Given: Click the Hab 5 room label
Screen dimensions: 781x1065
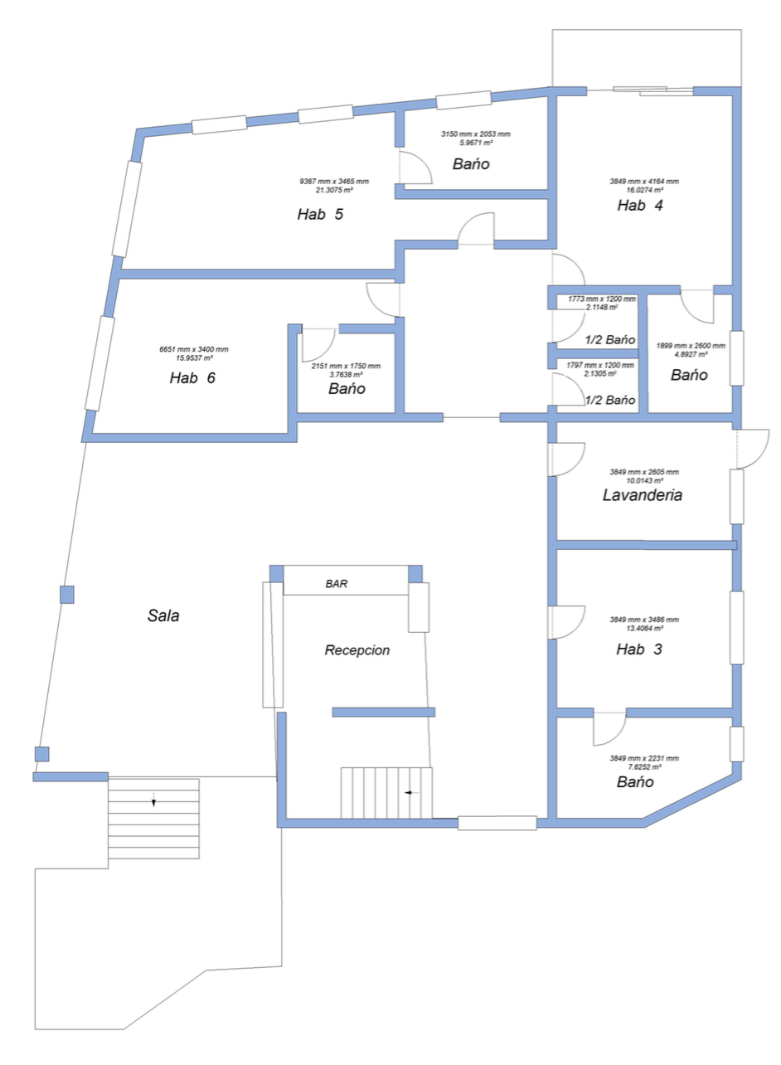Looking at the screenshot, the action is (x=320, y=214).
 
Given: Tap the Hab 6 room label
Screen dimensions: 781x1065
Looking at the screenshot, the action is (x=192, y=377).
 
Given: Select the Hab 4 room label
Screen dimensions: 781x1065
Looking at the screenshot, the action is (x=640, y=205).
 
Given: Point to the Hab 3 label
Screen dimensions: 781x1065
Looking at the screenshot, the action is (x=639, y=649).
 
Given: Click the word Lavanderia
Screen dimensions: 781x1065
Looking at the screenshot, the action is (x=643, y=495).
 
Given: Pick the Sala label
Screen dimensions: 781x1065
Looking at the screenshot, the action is (x=163, y=615).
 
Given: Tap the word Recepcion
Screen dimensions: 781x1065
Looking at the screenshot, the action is (x=357, y=650).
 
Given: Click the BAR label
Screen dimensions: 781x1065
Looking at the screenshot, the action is (x=337, y=584).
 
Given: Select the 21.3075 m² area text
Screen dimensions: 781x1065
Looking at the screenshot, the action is (x=334, y=190).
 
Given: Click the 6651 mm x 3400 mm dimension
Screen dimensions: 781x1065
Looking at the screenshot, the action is (x=193, y=349).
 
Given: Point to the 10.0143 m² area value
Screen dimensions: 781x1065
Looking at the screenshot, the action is (x=644, y=481).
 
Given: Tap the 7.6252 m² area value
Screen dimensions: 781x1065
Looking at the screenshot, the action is (x=644, y=767).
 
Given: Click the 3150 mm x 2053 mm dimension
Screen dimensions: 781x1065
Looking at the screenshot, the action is (x=475, y=134).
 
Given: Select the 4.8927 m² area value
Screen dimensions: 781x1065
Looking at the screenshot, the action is (x=691, y=354).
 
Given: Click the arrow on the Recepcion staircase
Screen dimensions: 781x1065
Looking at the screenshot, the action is (x=411, y=793).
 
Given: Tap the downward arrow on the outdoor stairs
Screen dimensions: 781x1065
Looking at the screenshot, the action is (x=153, y=800).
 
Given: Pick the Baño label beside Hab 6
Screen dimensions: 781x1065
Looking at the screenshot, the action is (x=347, y=388).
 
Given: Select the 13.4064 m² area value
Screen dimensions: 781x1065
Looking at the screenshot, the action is (x=644, y=628).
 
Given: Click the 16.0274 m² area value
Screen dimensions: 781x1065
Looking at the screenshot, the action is (x=644, y=190).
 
